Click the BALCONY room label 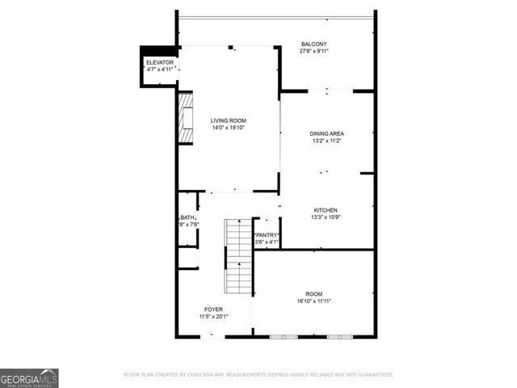pyautogui.click(x=313, y=44)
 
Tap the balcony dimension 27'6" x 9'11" pyautogui.click(x=313, y=51)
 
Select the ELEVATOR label pyautogui.click(x=160, y=62)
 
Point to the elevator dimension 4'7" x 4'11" pyautogui.click(x=160, y=70)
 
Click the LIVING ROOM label pyautogui.click(x=229, y=120)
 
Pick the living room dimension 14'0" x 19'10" pyautogui.click(x=229, y=128)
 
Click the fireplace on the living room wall pyautogui.click(x=187, y=117)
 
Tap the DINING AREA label pyautogui.click(x=326, y=133)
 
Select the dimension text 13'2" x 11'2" pyautogui.click(x=326, y=141)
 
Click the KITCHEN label pyautogui.click(x=326, y=210)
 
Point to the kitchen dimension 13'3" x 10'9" pyautogui.click(x=326, y=217)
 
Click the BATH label pyautogui.click(x=187, y=217)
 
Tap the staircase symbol pyautogui.click(x=239, y=255)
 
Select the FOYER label pyautogui.click(x=213, y=309)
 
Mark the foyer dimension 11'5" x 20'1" pyautogui.click(x=213, y=316)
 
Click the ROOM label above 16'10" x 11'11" pyautogui.click(x=313, y=293)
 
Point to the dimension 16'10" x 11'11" pyautogui.click(x=313, y=301)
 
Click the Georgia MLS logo pyautogui.click(x=29, y=377)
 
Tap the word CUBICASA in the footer pyautogui.click(x=205, y=375)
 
